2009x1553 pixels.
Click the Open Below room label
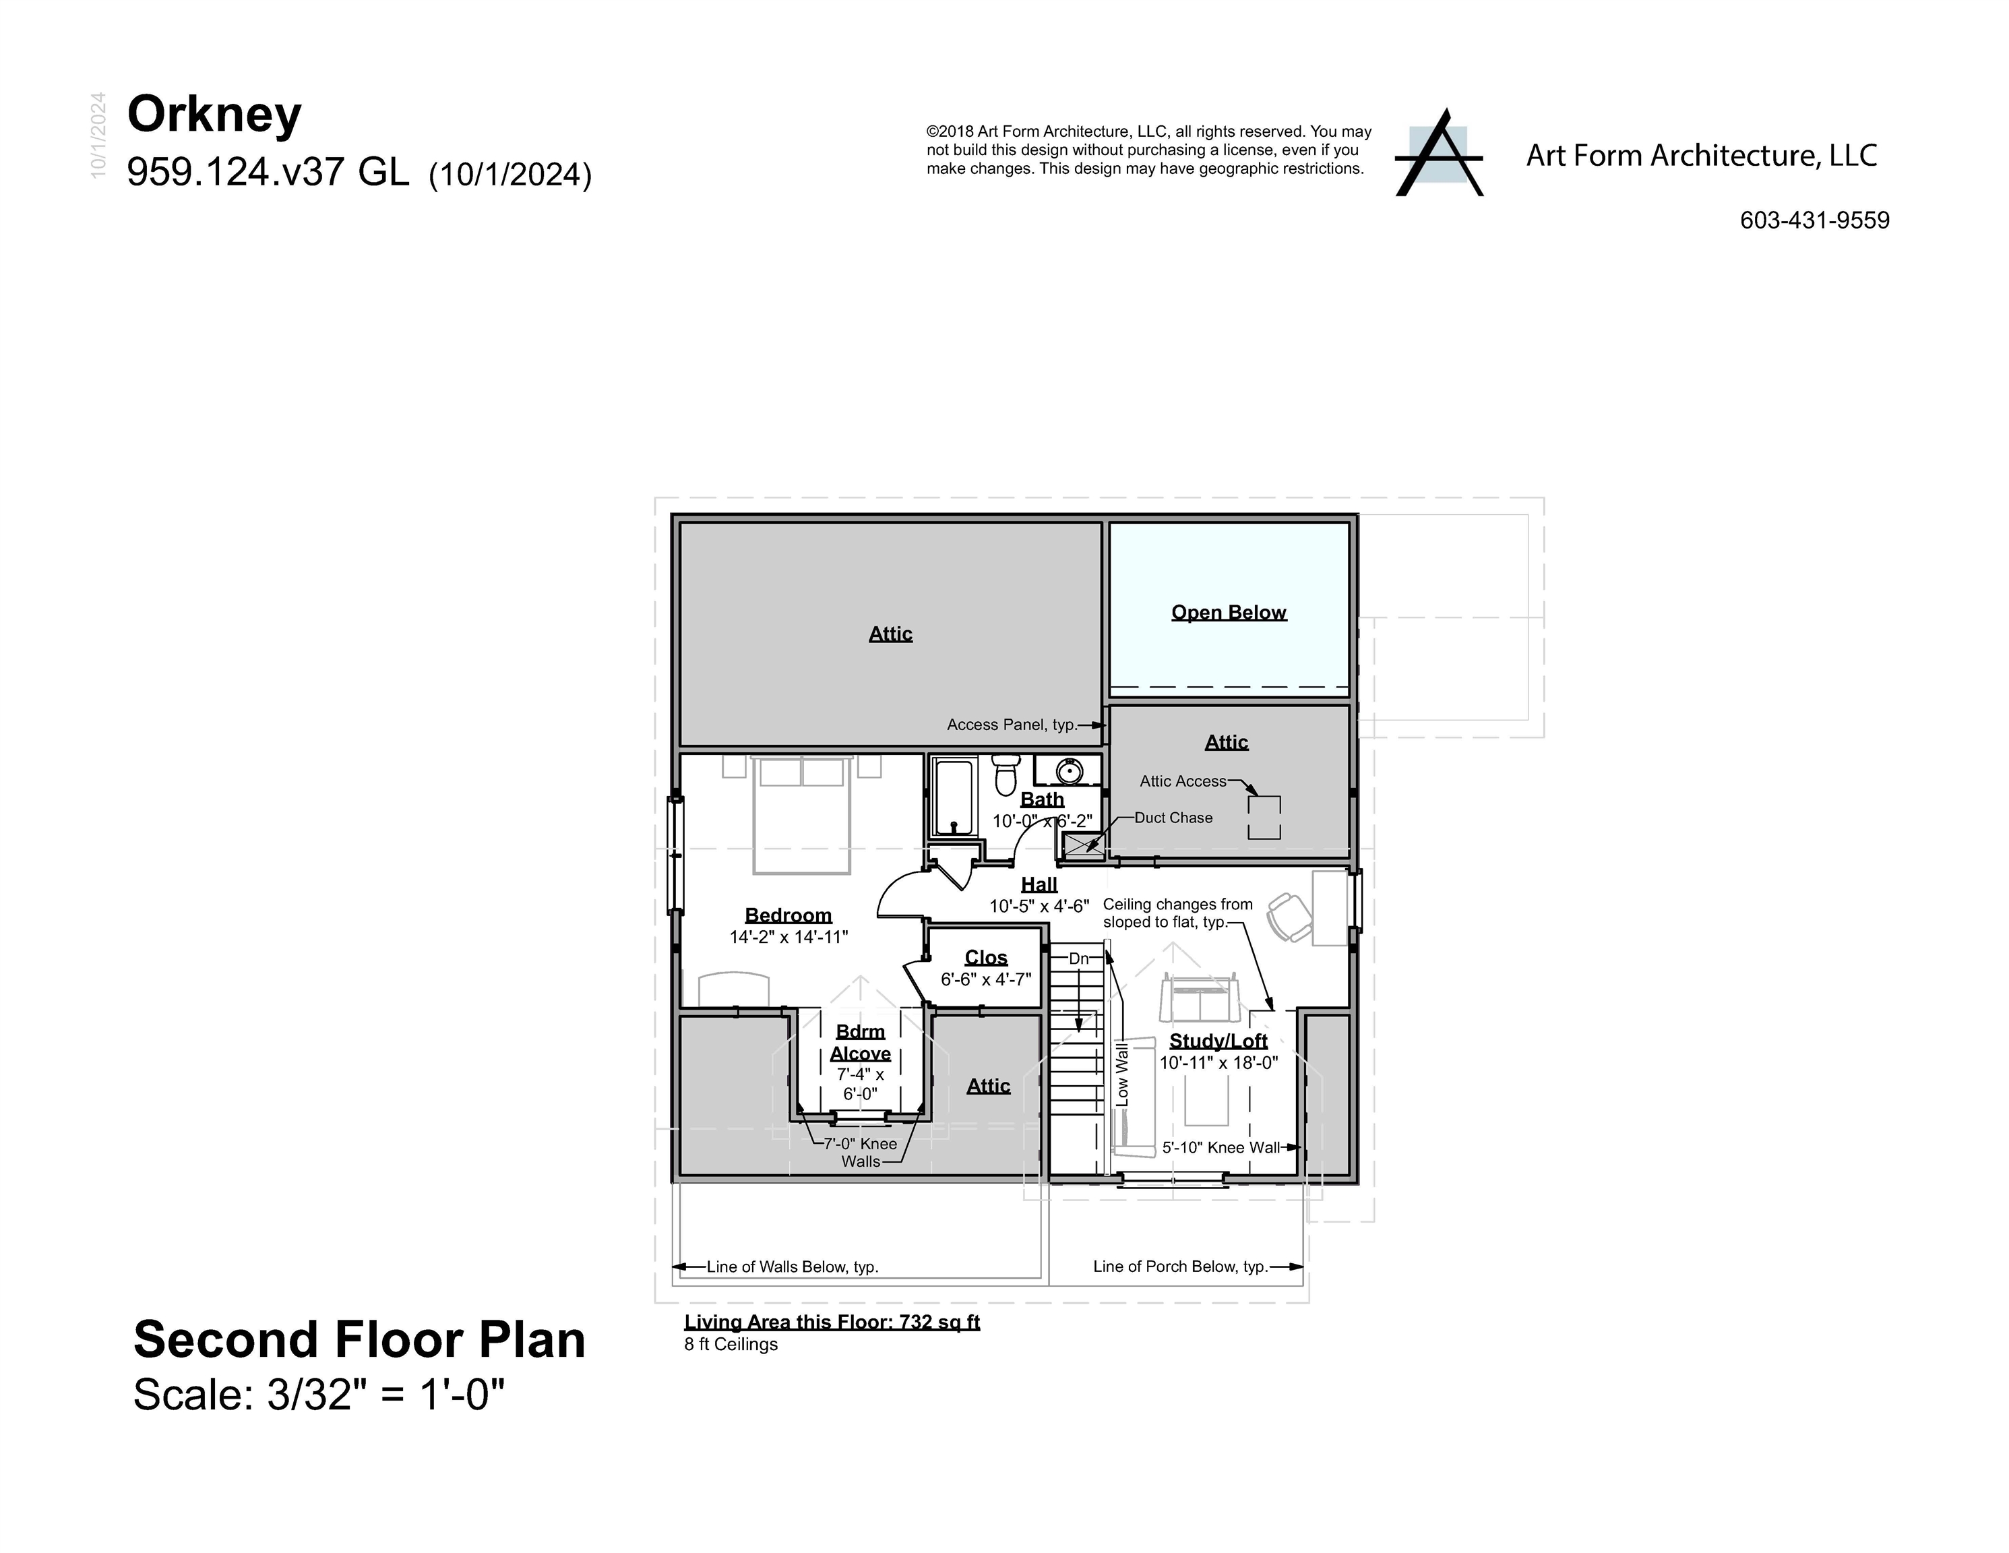[1228, 613]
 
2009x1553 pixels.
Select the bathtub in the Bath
[954, 797]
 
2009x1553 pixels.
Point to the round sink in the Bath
[1069, 770]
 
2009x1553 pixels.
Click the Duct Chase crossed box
[1084, 845]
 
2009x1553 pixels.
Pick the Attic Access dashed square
[1263, 817]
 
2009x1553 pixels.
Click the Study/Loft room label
[1218, 1041]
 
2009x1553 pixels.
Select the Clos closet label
[986, 958]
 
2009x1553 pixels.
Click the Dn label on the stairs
[1078, 958]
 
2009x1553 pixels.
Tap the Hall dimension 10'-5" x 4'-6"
[1039, 906]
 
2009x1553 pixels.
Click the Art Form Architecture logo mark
[1439, 154]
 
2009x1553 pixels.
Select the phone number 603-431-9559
[1814, 221]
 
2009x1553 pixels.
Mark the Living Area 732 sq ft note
[832, 1322]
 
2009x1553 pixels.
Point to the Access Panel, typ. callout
[1012, 725]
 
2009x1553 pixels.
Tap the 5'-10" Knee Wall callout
[1220, 1147]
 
